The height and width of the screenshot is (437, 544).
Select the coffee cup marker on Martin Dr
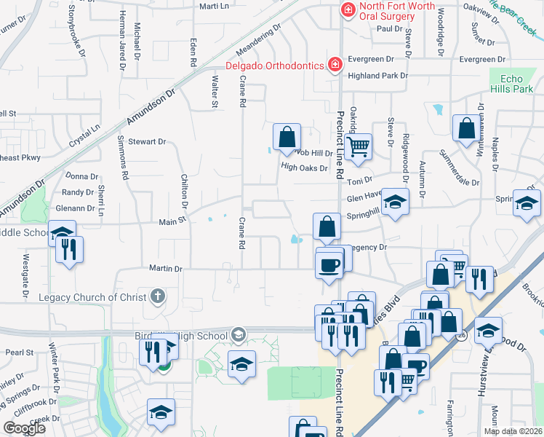(329, 264)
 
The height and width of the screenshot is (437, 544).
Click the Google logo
(24, 428)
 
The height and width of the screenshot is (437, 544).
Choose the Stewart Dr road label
(147, 142)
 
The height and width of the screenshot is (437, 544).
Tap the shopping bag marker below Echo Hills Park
(465, 128)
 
